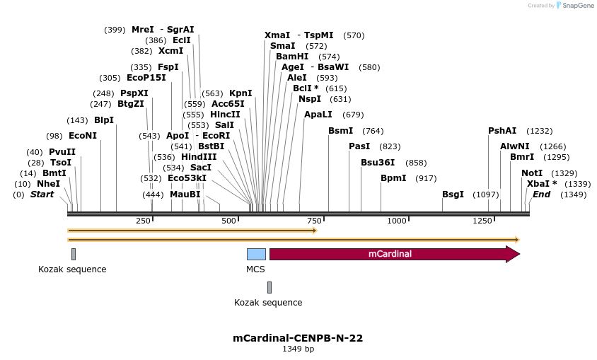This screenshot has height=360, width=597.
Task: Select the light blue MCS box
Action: (x=256, y=254)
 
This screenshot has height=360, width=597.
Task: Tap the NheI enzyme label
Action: (x=48, y=184)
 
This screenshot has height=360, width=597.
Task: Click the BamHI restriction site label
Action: (x=292, y=57)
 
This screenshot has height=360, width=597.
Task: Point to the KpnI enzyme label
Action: (x=240, y=93)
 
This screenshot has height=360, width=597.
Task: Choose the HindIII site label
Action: (x=199, y=157)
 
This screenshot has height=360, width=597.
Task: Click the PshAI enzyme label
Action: (x=502, y=131)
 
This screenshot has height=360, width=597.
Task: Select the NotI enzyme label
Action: (x=532, y=173)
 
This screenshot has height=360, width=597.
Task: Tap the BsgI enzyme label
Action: (x=453, y=194)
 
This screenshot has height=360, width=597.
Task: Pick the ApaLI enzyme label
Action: (x=318, y=115)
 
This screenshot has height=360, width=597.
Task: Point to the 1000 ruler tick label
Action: (x=398, y=221)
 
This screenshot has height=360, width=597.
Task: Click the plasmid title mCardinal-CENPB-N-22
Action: (x=298, y=338)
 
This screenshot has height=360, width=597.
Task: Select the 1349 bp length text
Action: (x=298, y=349)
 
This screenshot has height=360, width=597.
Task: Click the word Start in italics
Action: (x=41, y=194)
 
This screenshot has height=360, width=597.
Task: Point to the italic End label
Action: (x=541, y=194)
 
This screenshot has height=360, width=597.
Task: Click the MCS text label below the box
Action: (x=255, y=269)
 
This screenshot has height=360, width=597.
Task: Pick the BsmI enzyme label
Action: (x=340, y=131)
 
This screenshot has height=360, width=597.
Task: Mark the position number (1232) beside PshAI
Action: (x=538, y=131)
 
